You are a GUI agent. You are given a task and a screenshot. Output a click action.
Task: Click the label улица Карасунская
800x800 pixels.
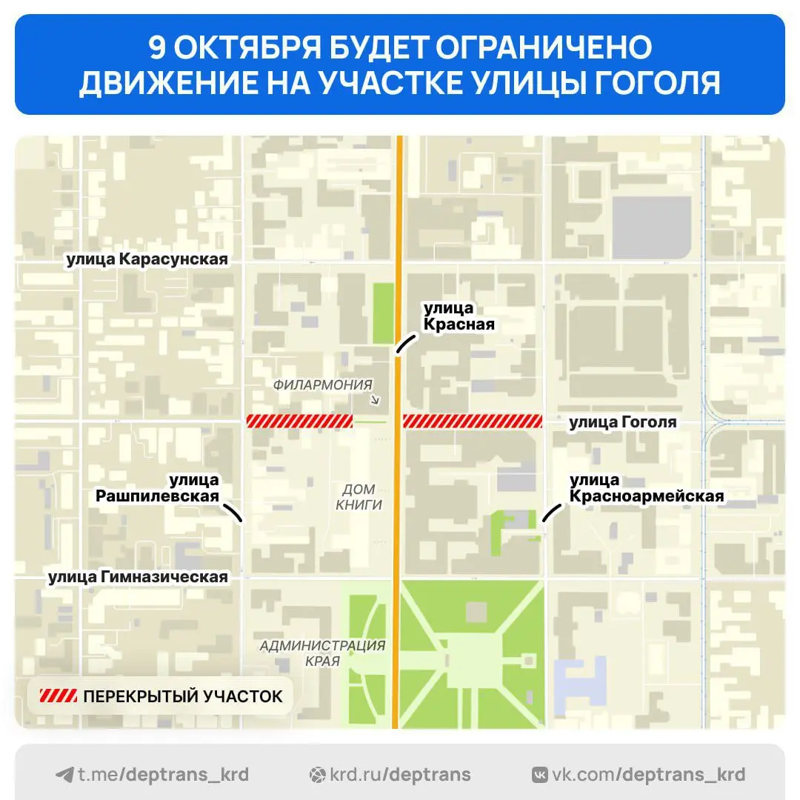147,259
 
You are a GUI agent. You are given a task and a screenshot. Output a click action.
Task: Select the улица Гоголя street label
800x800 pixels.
622,422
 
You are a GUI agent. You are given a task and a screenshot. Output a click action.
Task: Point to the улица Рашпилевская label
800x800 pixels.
157,488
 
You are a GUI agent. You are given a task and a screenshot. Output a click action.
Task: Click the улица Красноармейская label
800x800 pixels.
646,488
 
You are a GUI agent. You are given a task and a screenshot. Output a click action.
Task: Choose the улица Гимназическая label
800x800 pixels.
138,576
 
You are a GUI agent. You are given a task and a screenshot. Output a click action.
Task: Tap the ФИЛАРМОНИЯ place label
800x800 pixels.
322,384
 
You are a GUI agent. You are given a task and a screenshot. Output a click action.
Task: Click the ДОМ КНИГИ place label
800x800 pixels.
359,497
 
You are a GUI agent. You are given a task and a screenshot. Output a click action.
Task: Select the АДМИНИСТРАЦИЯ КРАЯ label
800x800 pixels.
322,653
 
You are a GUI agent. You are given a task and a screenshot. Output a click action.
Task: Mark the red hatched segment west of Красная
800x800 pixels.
299,421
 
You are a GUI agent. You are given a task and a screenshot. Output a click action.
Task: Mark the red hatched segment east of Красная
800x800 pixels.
473,421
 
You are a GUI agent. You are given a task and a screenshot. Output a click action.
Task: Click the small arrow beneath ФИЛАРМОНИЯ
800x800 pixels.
375,401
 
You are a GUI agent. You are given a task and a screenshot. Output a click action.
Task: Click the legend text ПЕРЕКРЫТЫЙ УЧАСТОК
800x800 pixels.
183,696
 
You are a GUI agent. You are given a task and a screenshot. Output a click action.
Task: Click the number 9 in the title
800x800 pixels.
157,48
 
